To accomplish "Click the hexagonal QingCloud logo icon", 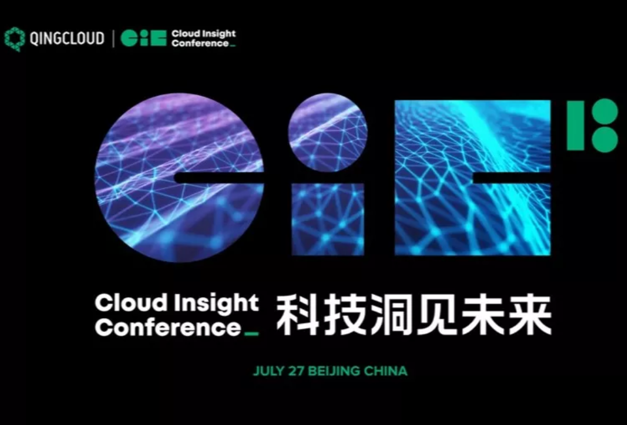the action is (x=15, y=39).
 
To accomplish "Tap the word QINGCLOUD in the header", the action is (x=67, y=39).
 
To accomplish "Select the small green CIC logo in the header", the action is (x=143, y=38).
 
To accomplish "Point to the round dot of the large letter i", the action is (x=328, y=133).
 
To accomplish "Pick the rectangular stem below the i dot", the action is (x=328, y=219).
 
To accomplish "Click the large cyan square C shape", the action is (x=473, y=177).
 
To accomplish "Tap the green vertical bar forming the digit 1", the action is (x=576, y=125).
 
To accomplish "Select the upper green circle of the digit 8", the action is (x=605, y=112).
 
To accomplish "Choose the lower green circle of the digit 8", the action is (x=605, y=139).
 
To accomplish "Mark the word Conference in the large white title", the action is (x=168, y=328).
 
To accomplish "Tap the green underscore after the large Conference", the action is (x=252, y=333).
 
